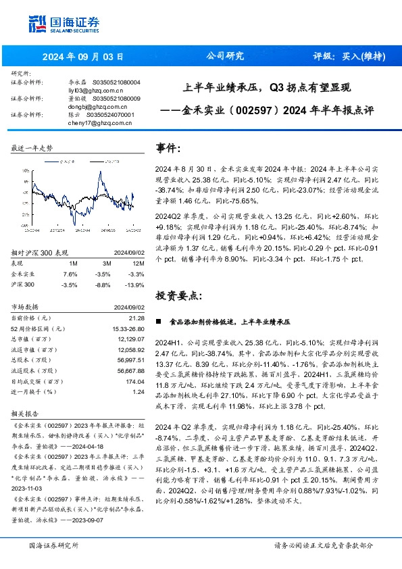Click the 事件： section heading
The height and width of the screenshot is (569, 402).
(x=168, y=147)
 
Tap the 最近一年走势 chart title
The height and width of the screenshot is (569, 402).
(x=32, y=147)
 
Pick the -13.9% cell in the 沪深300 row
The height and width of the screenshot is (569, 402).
(x=136, y=286)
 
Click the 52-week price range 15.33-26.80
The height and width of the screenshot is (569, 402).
(x=128, y=328)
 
